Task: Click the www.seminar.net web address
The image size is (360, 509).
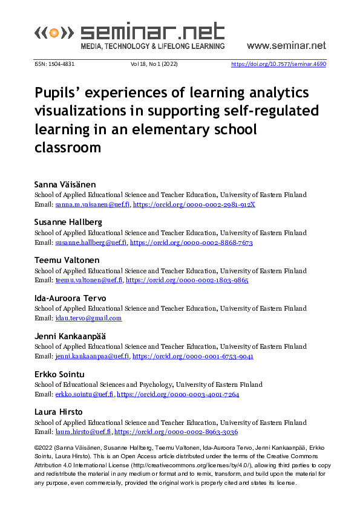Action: point(286,45)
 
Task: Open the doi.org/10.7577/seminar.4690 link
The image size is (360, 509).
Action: point(279,63)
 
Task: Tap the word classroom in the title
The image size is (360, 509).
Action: point(67,147)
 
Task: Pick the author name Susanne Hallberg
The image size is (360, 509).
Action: point(68,222)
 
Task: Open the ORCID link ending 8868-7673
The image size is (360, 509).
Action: point(191,242)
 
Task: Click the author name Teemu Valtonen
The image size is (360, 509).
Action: point(65,261)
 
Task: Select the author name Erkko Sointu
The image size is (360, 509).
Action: point(59,374)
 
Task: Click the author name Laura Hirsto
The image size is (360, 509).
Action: point(58,412)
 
